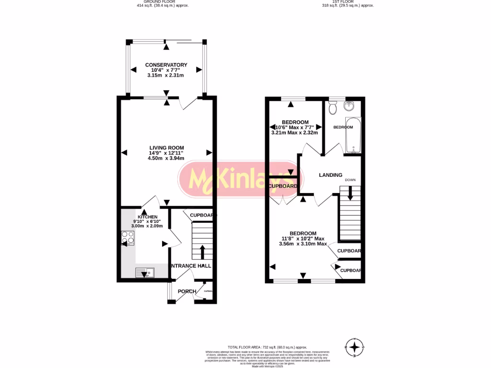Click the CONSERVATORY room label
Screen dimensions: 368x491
(x=166, y=65)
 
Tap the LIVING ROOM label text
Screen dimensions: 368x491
(x=166, y=148)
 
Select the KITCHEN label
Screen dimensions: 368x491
(x=147, y=217)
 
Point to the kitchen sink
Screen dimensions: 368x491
(x=144, y=273)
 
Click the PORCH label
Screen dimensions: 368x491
(x=187, y=291)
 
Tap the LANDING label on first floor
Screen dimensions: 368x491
(x=331, y=175)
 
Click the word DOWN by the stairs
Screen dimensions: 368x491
(x=351, y=180)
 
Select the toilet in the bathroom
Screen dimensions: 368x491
(x=333, y=108)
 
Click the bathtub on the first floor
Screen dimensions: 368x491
(x=353, y=135)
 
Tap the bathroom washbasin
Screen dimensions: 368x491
(x=351, y=106)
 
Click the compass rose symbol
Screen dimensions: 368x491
(x=354, y=347)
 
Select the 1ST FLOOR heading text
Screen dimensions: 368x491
(x=348, y=2)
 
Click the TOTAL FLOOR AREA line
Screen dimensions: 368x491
(x=267, y=347)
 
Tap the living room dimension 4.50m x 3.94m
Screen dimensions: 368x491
(x=166, y=158)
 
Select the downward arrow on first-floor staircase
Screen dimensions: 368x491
(x=350, y=194)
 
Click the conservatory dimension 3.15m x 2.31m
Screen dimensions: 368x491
(x=166, y=75)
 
